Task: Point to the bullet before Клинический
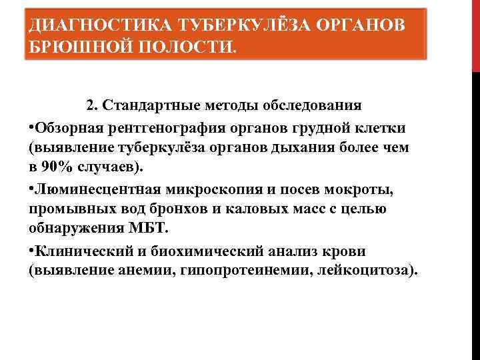31,252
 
